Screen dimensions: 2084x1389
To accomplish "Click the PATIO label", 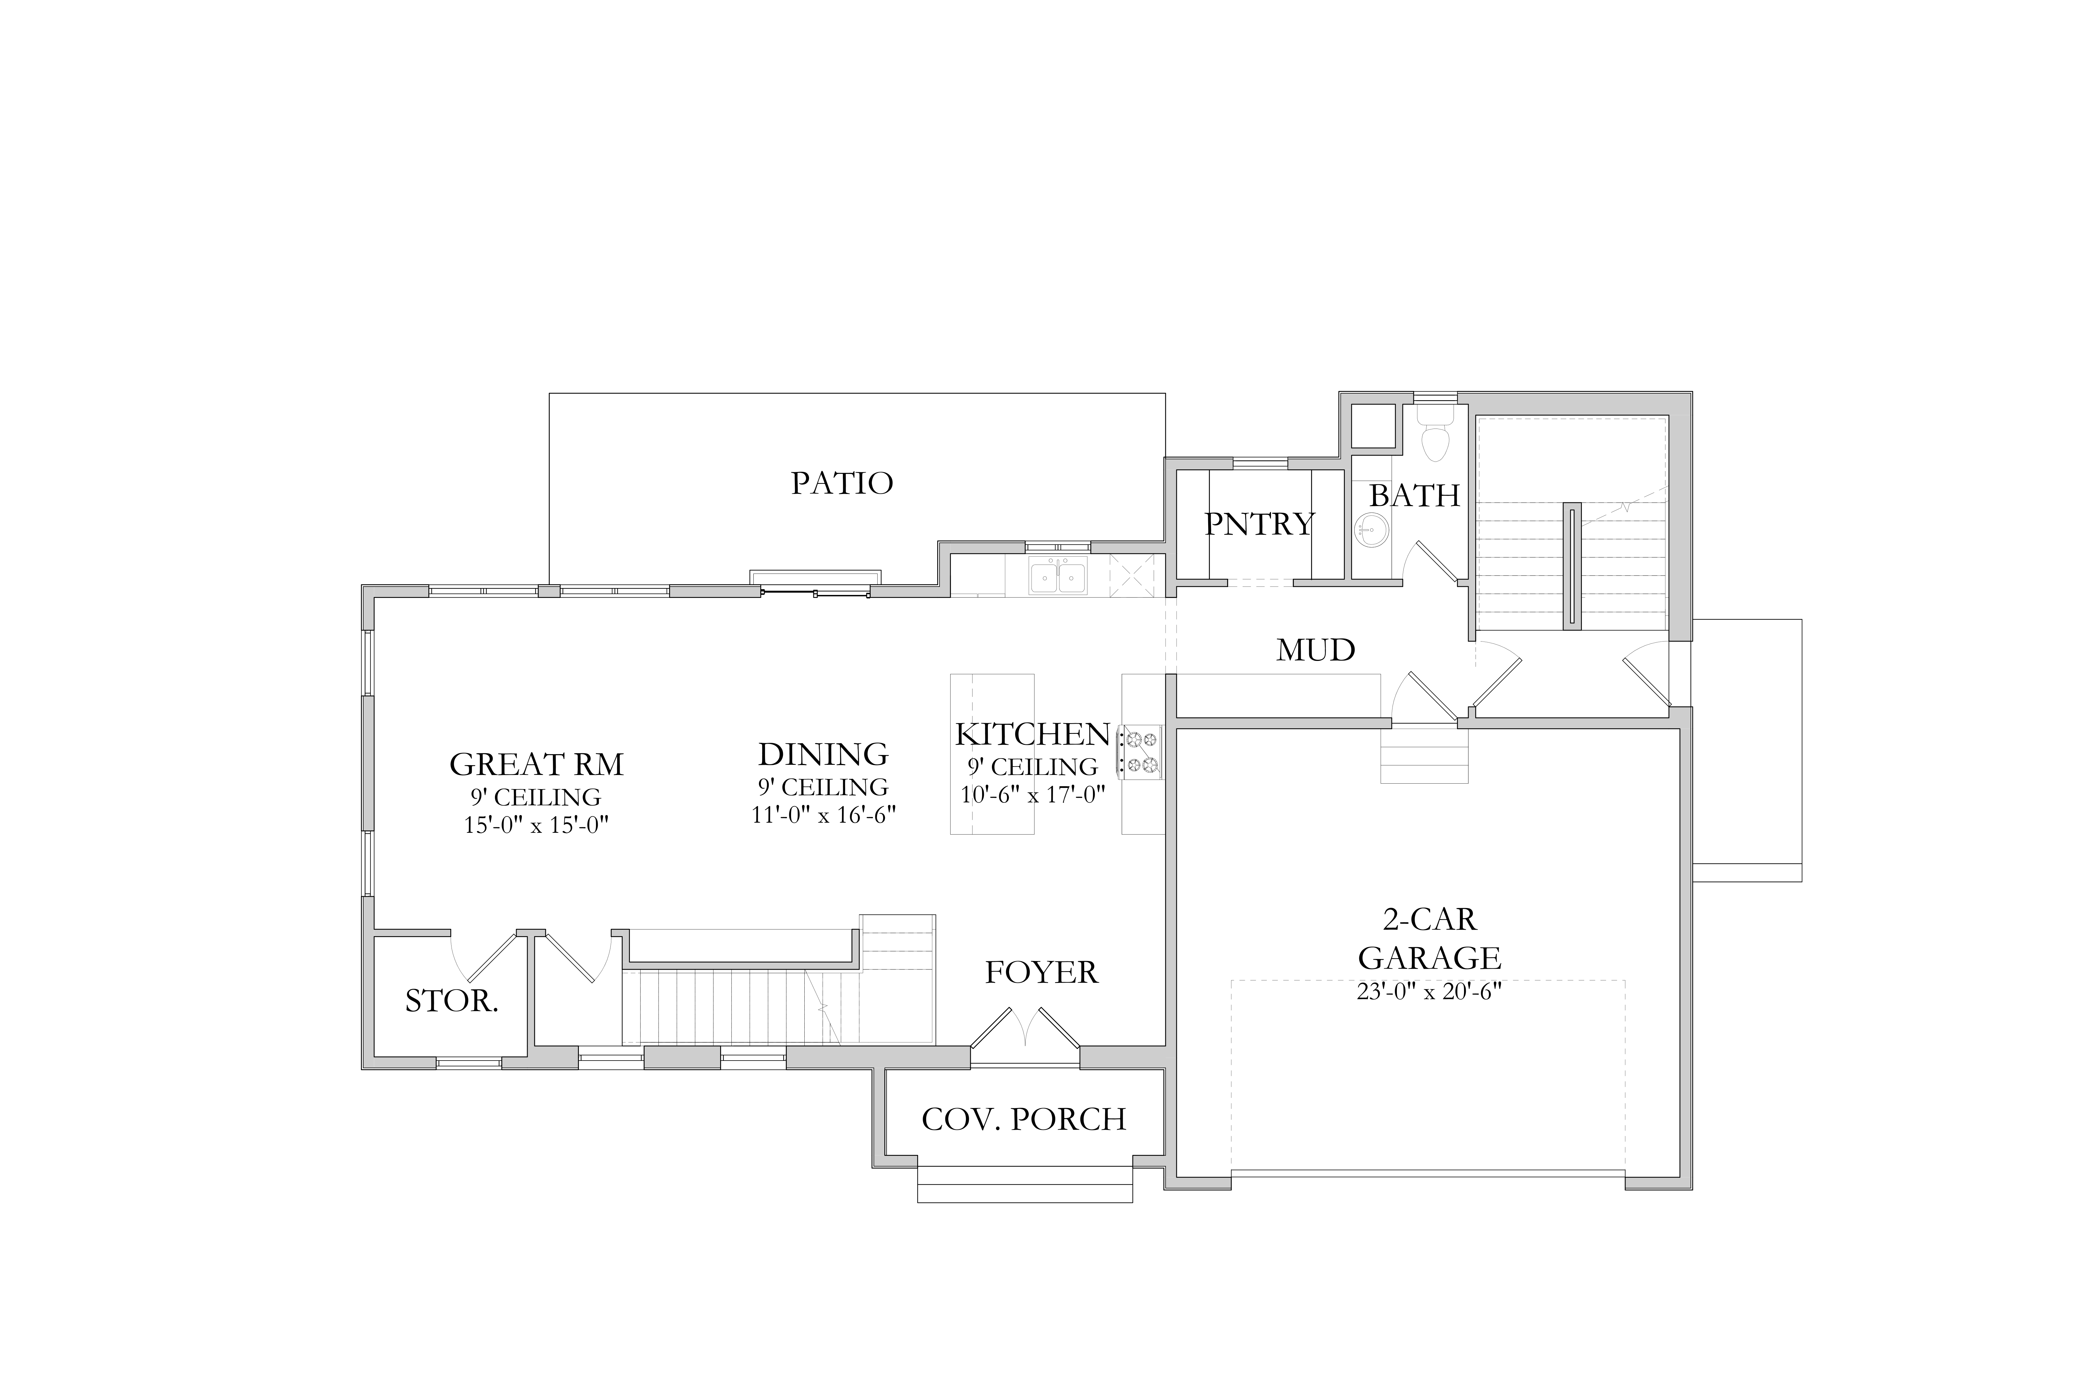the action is tap(842, 483).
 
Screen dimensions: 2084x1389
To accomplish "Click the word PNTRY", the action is tap(1259, 524).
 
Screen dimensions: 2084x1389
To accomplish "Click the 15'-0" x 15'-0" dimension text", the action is tap(536, 825).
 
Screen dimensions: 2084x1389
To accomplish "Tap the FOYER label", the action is tap(1041, 973).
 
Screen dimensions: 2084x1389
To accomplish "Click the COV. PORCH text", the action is tap(1023, 1120).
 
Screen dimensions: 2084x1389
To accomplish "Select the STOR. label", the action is tap(452, 1001).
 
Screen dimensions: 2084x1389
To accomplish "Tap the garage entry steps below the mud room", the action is tap(1424, 753).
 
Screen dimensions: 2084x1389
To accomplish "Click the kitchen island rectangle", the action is tap(993, 754).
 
